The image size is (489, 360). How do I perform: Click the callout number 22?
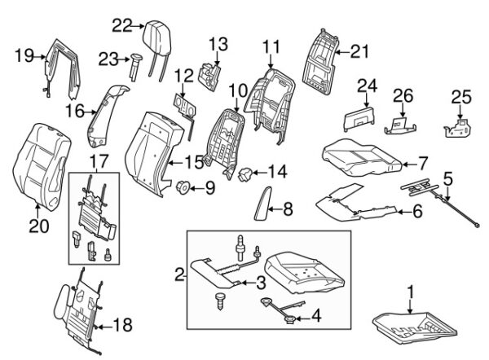pyautogui.click(x=121, y=26)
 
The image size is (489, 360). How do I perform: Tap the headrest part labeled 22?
pyautogui.click(x=152, y=34)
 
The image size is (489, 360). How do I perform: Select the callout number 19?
pyautogui.click(x=24, y=55)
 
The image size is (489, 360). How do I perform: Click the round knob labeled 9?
pyautogui.click(x=183, y=188)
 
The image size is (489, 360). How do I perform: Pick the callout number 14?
pyautogui.click(x=277, y=172)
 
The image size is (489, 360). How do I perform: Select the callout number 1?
pyautogui.click(x=412, y=290)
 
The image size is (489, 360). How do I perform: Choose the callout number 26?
pyautogui.click(x=403, y=97)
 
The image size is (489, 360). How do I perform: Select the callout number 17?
pyautogui.click(x=98, y=161)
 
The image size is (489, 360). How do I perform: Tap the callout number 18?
pyautogui.click(x=121, y=326)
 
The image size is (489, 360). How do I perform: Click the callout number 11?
pyautogui.click(x=271, y=46)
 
